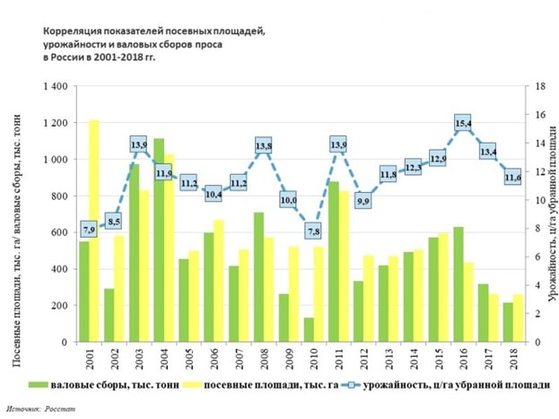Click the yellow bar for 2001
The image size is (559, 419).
(x=94, y=231)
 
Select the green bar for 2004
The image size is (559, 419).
(x=159, y=240)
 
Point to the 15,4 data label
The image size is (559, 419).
(x=464, y=123)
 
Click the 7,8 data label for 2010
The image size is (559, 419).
(x=313, y=231)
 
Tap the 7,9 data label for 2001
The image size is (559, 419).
(x=89, y=230)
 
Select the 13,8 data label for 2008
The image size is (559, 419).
(x=264, y=145)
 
